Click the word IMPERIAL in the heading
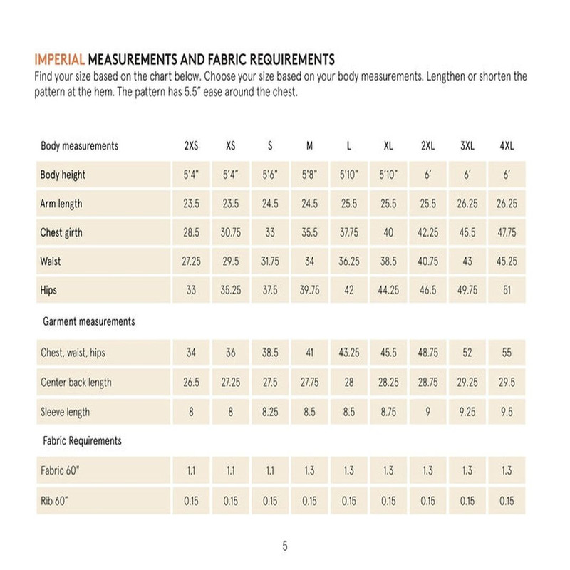point(60,58)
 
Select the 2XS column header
point(191,146)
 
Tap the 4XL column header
point(507,146)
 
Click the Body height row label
point(63,175)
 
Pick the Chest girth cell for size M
point(309,233)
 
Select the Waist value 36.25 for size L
point(348,261)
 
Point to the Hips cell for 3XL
point(467,291)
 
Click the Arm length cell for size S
point(270,204)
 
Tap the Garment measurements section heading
point(88,321)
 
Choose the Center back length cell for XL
point(388,383)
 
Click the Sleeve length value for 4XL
point(507,412)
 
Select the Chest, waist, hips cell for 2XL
point(427,353)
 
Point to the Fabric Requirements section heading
point(82,441)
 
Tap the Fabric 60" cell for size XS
point(231,471)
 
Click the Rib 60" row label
point(54,500)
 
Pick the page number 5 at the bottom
point(285,546)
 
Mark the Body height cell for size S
point(270,175)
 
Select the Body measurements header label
point(79,146)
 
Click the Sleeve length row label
point(65,412)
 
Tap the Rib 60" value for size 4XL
point(507,500)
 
